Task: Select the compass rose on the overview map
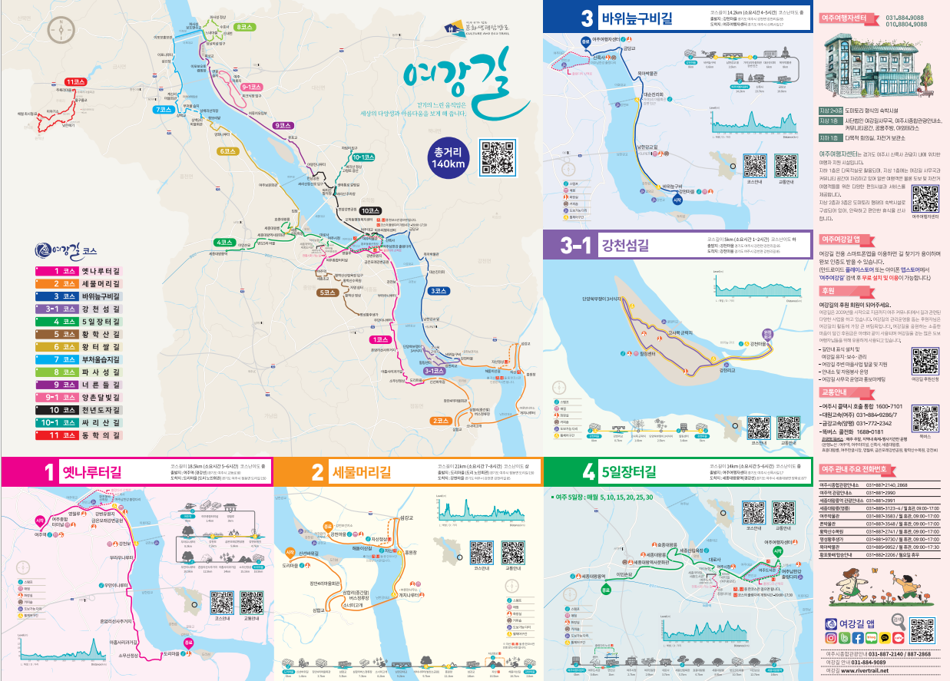point(61,29)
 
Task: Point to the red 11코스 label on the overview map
point(75,81)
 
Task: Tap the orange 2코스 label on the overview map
point(440,420)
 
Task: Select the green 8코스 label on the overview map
point(246,27)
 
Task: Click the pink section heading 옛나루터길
point(91,471)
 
